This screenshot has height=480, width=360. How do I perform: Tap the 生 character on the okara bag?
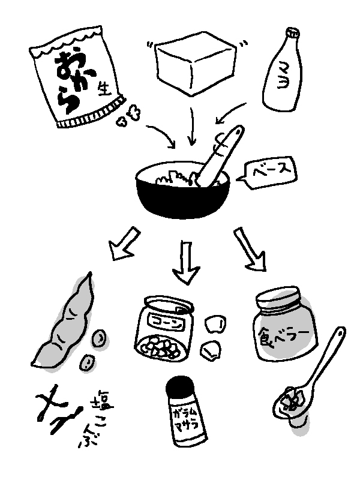click(104, 89)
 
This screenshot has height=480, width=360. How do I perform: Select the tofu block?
click(196, 63)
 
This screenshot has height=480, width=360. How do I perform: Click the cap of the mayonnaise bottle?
click(292, 34)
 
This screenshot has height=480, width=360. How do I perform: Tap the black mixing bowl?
click(183, 196)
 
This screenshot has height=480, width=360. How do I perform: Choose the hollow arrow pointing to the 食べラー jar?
click(250, 250)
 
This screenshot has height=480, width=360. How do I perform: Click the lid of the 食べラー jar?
click(278, 299)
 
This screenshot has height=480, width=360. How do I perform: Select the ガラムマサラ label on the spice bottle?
click(186, 419)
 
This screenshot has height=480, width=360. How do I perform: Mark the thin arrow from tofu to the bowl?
click(192, 126)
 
